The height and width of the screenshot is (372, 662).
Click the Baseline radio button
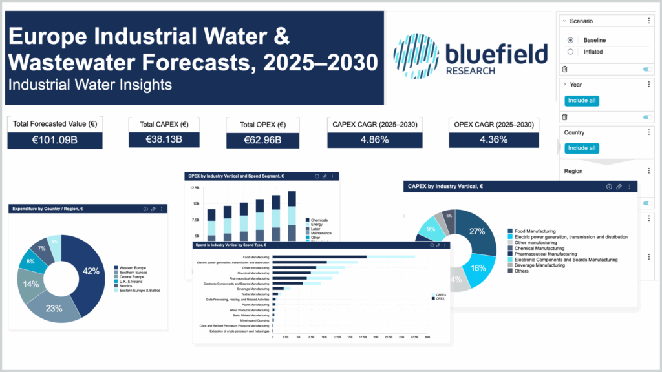(x=570, y=40)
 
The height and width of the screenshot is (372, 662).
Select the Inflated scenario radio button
(x=570, y=52)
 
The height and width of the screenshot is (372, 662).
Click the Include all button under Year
(x=582, y=101)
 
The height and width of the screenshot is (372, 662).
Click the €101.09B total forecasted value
(x=55, y=140)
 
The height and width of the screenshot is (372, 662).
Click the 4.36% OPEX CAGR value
(x=493, y=140)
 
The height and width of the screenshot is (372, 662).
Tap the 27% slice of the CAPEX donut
(x=477, y=232)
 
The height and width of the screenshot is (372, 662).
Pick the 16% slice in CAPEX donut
(x=478, y=267)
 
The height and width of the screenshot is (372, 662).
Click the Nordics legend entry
(x=126, y=285)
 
